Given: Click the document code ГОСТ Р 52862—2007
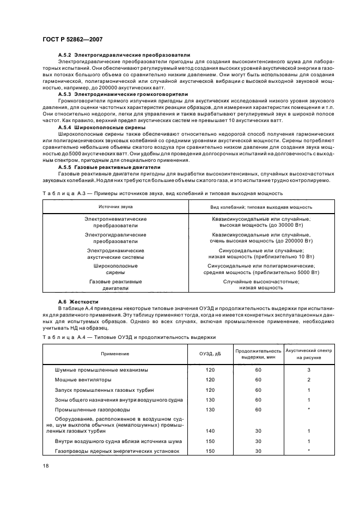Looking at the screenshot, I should (x=72, y=39).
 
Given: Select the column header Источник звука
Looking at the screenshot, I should (x=115, y=207).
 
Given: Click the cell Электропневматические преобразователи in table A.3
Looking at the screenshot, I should (x=115, y=222).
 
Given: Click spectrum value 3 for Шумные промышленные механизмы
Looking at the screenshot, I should (x=308, y=369).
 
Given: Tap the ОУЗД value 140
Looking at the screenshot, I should (x=210, y=430).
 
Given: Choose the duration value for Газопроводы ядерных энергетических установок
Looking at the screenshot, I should (x=258, y=451).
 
